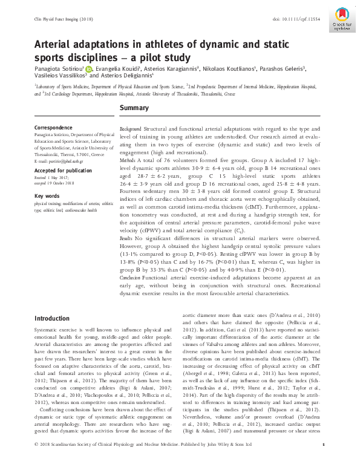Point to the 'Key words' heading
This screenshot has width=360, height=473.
(47, 196)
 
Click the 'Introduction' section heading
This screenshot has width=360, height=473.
(52, 318)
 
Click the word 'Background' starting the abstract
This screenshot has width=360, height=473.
(131, 129)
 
